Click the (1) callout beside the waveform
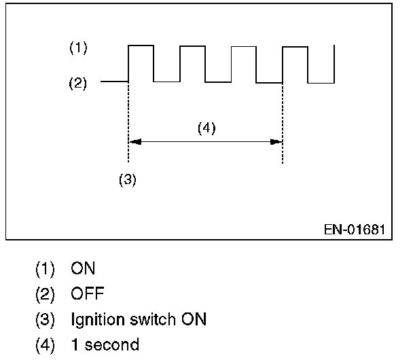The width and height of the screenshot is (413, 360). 78,48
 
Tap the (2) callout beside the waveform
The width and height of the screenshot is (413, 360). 78,84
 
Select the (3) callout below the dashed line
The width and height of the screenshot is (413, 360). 128,180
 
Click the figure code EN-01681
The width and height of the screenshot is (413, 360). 354,229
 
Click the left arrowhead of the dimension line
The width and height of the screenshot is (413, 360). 134,142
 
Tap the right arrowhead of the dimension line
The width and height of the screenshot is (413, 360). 276,142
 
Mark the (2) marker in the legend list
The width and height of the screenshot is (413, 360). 45,294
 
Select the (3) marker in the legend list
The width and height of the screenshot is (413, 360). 45,319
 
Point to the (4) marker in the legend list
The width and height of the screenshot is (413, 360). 45,344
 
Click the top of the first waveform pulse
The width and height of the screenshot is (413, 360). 141,46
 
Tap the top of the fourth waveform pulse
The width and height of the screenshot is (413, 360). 295,46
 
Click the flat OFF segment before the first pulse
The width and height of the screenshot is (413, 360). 114,82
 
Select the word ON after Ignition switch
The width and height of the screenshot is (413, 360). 193,319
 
